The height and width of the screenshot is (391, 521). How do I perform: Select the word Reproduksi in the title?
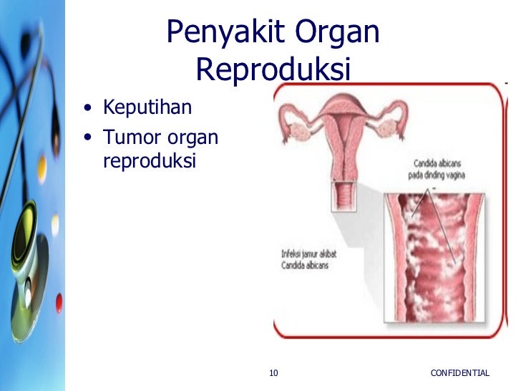click(273, 70)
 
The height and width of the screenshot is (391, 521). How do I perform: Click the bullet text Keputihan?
click(148, 108)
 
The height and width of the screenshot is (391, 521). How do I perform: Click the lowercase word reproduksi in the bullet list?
click(149, 161)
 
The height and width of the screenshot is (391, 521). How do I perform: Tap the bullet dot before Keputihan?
click(87, 110)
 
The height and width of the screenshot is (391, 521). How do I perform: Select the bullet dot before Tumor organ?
click(87, 137)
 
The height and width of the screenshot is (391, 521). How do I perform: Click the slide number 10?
click(273, 373)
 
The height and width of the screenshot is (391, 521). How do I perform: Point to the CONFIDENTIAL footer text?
click(460, 373)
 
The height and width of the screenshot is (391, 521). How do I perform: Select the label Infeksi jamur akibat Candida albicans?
click(307, 258)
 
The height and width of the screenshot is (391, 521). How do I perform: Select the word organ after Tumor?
click(193, 136)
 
